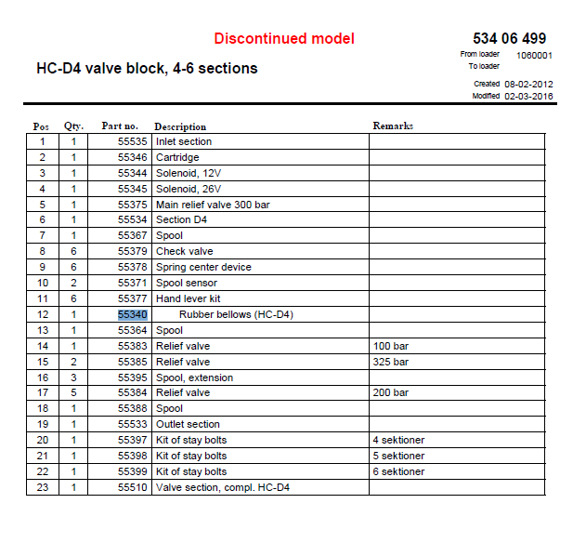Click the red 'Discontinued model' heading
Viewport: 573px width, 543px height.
[284, 39]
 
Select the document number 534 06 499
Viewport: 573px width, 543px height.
[509, 38]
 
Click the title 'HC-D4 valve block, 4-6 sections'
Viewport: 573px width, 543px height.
[147, 68]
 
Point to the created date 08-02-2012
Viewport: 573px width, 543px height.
[528, 84]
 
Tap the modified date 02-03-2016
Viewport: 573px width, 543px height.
[528, 96]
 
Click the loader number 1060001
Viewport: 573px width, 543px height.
[534, 55]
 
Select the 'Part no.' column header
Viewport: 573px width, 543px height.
[120, 126]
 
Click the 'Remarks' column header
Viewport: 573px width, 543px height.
[393, 126]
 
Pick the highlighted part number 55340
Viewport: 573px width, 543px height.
[133, 314]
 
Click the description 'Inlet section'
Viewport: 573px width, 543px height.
[184, 141]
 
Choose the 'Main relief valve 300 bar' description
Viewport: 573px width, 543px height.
[213, 205]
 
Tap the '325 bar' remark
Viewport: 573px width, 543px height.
[390, 362]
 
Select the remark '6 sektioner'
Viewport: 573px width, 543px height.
[398, 471]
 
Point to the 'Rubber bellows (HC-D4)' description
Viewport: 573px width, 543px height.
[236, 314]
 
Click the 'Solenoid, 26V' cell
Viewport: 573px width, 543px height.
[189, 189]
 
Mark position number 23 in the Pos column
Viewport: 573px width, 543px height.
[42, 487]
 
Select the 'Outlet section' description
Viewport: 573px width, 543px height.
[188, 424]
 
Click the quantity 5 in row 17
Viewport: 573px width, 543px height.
[73, 392]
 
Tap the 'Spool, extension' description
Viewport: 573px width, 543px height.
[194, 377]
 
